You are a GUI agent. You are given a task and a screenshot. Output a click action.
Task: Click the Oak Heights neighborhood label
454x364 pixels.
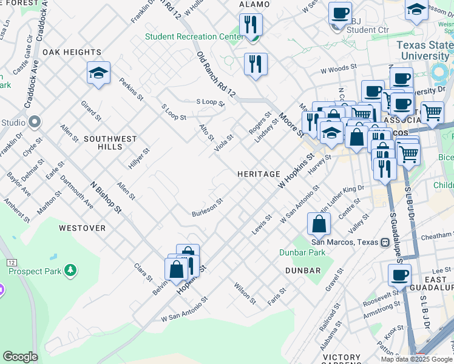(72, 52)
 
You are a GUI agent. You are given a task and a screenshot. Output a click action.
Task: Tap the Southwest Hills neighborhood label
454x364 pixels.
(110, 143)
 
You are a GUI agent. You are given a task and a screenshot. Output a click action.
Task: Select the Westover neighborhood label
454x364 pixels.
(82, 228)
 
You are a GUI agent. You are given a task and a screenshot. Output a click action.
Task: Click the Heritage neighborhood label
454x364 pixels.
(259, 174)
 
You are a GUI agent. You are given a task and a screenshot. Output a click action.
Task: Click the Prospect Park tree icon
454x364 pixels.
(71, 269)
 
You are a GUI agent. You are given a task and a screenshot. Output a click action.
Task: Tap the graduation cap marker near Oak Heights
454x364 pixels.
(98, 73)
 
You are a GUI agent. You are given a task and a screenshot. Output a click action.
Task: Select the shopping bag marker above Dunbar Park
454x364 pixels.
(319, 224)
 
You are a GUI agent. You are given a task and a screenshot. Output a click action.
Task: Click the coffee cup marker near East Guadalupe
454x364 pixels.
(399, 275)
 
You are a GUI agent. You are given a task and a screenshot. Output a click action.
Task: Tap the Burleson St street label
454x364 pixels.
(208, 208)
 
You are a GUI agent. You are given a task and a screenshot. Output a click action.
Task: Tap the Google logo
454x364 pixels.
(20, 357)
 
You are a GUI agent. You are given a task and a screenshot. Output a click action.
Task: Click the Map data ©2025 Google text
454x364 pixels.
(416, 359)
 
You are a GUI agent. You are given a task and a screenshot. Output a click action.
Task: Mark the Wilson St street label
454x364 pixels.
(245, 293)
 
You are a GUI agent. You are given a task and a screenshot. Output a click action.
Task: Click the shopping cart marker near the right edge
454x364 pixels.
(432, 112)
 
